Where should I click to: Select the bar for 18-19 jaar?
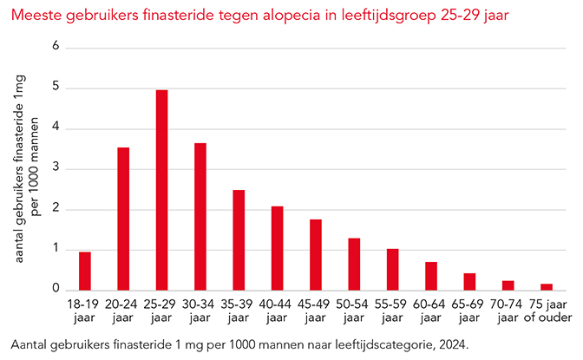click(x=84, y=271)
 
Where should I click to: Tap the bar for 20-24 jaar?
click(x=123, y=219)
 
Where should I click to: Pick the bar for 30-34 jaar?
click(x=200, y=216)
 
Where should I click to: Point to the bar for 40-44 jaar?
click(x=277, y=248)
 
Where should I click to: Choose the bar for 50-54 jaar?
click(x=354, y=264)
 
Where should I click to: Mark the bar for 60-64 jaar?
click(x=431, y=276)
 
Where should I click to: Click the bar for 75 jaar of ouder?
click(x=547, y=286)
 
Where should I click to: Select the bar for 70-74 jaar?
click(x=508, y=285)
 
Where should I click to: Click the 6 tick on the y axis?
click(x=56, y=47)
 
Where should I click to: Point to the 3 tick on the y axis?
click(x=56, y=168)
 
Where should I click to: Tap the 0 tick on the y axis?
click(x=56, y=290)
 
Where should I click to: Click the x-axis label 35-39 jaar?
click(x=239, y=311)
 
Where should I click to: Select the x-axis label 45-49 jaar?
click(x=315, y=311)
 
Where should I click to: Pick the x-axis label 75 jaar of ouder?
click(x=547, y=311)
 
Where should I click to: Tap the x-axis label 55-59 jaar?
click(x=392, y=311)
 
